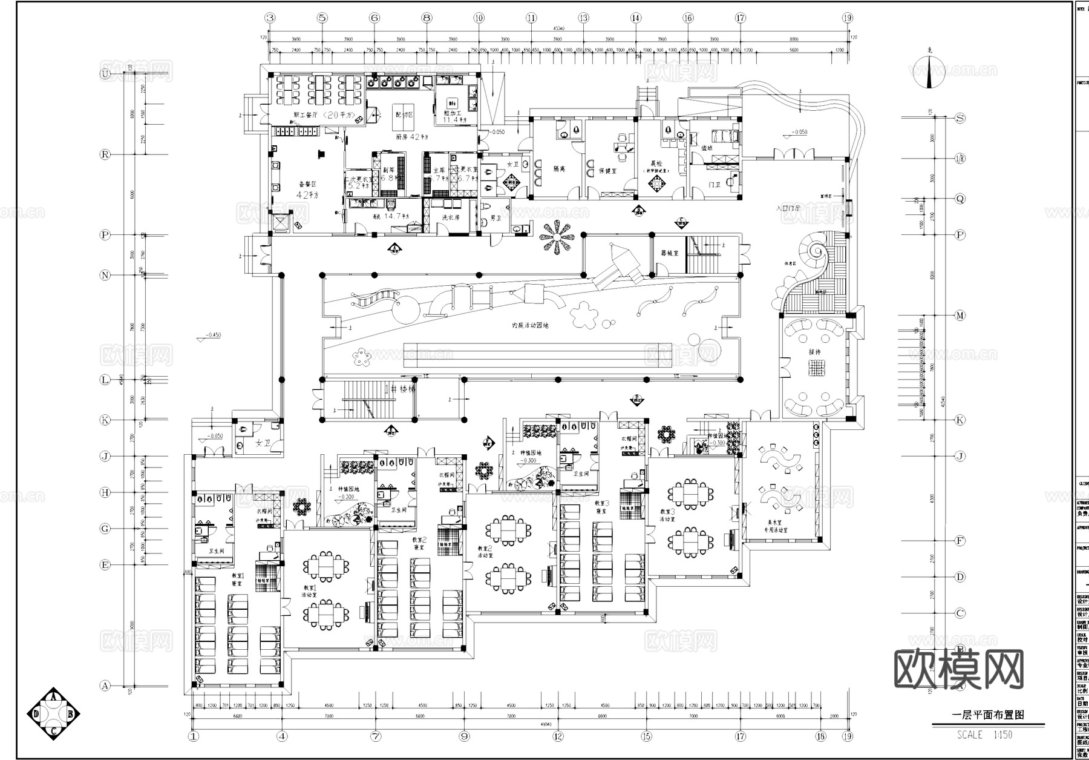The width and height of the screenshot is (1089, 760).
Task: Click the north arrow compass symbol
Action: point(929,71)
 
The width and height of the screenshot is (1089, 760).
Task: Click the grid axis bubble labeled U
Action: point(105,74)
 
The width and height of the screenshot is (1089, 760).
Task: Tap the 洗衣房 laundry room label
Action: point(451,217)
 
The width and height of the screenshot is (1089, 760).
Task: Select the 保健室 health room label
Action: point(607,171)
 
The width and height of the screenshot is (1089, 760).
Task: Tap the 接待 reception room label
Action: point(815,352)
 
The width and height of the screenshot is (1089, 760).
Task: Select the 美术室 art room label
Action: point(776,522)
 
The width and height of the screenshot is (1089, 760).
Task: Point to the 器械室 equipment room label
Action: point(669,253)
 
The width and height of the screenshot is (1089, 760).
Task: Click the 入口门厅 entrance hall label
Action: point(788,208)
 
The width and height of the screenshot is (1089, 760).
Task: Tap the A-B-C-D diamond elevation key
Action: point(54,714)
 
